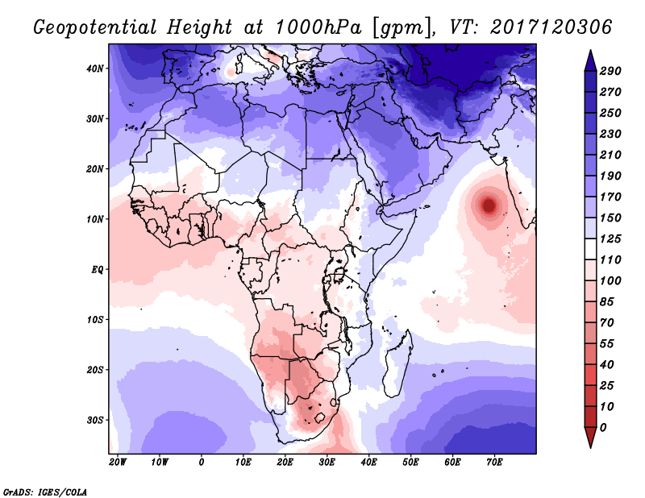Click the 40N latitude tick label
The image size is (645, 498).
[95, 68]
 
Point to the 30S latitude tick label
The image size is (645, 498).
[95, 420]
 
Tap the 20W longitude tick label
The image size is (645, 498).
[117, 463]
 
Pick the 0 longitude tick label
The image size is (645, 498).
[201, 463]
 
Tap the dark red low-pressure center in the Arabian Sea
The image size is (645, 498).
[489, 205]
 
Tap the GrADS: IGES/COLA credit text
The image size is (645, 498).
[45, 491]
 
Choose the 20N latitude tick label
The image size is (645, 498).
[95, 169]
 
